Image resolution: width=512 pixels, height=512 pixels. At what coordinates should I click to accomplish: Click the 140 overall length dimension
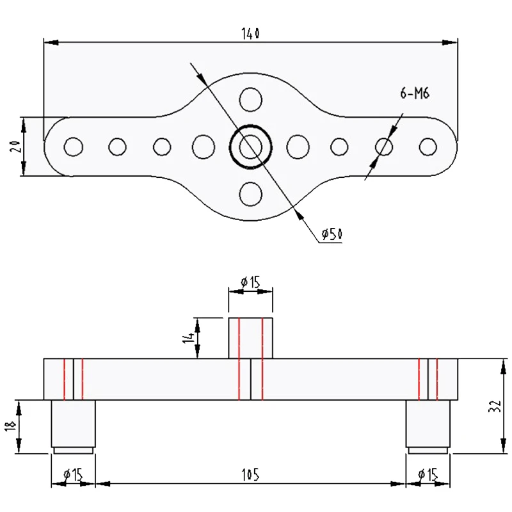click(x=250, y=33)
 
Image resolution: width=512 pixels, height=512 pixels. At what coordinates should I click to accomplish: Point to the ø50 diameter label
click(x=331, y=235)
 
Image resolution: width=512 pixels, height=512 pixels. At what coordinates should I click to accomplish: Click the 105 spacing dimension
click(x=250, y=474)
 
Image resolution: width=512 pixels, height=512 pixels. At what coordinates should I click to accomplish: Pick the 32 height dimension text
click(x=493, y=406)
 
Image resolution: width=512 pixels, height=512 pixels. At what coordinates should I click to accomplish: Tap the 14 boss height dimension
click(x=189, y=338)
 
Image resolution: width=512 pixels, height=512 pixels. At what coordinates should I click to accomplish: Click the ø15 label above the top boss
click(x=251, y=281)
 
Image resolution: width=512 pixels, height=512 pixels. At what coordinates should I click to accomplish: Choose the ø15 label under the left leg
click(x=72, y=474)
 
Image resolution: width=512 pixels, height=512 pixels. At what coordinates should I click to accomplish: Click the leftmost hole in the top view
click(x=74, y=147)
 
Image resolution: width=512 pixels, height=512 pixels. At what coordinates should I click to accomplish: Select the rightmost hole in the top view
click(x=428, y=147)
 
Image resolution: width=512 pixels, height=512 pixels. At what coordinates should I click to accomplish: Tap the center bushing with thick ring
click(x=250, y=147)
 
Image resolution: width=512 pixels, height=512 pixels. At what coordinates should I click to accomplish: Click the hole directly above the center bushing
click(x=250, y=99)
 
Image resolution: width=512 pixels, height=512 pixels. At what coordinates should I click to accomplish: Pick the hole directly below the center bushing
click(x=250, y=193)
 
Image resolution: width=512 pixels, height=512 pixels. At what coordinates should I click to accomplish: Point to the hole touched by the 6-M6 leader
click(x=385, y=147)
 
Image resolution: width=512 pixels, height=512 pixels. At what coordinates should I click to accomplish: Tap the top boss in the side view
click(x=250, y=337)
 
